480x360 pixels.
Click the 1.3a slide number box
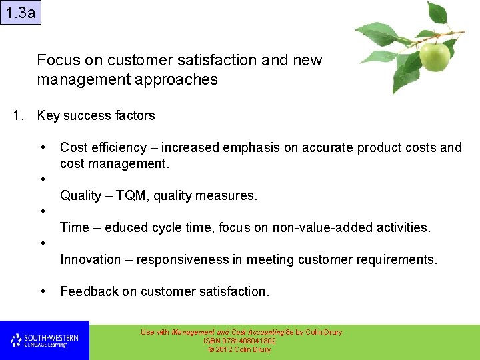(21, 12)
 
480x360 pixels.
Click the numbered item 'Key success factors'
(96, 116)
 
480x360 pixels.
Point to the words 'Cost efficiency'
(103, 148)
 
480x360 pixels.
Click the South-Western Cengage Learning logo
(44, 341)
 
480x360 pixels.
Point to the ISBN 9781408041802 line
(239, 341)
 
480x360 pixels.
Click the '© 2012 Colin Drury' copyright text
(239, 349)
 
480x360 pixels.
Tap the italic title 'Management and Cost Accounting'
(227, 332)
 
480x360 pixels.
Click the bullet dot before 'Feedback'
(43, 291)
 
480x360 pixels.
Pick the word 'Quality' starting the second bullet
(81, 196)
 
